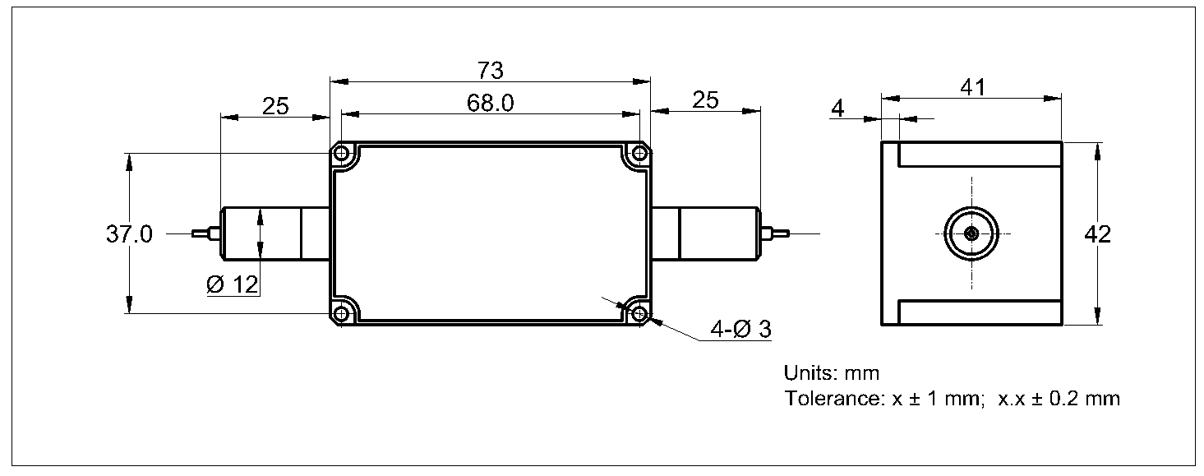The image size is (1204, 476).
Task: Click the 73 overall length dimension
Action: coord(491,71)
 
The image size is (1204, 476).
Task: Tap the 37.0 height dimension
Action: coord(128,234)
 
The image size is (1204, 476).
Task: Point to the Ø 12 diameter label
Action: coord(233,285)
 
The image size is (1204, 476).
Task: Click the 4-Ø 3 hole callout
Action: coord(740,330)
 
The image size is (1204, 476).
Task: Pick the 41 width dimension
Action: coord(972,86)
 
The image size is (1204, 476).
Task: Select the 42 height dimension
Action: coord(1097,234)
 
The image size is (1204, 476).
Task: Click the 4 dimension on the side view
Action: coord(837,109)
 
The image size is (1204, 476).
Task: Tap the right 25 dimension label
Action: coord(704,99)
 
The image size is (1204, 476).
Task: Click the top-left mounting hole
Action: coord(343,154)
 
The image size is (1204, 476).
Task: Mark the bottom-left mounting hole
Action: coord(343,312)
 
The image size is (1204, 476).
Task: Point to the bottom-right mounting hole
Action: coord(638,312)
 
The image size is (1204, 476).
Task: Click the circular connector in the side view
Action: coord(971,233)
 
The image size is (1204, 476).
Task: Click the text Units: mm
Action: coord(831,373)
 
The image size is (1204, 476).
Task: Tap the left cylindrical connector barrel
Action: coord(261,233)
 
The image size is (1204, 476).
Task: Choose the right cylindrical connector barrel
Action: coord(717,233)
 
